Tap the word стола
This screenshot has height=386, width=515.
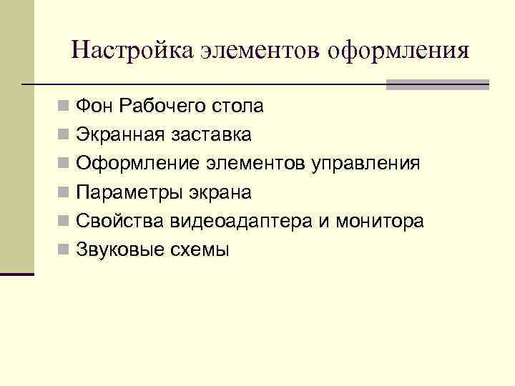tap(239, 107)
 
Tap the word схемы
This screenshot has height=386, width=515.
tap(200, 250)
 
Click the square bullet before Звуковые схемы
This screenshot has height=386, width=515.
tap(65, 251)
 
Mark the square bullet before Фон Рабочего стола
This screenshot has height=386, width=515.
tap(65, 108)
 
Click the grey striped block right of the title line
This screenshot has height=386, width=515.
tap(437, 84)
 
